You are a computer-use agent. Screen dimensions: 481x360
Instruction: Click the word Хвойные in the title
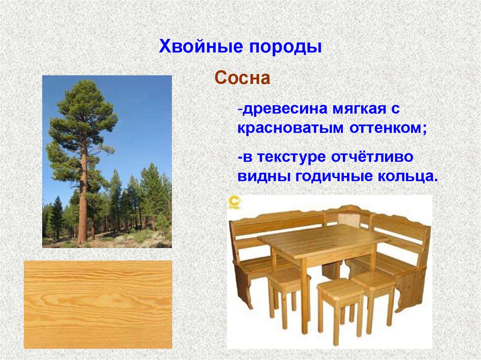point(201,47)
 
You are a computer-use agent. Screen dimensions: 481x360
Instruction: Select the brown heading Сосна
point(242,78)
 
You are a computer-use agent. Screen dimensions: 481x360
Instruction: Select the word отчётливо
point(372,157)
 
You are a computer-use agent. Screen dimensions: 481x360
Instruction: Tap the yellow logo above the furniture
point(235,202)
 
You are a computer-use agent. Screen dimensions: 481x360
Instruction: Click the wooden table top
point(323,241)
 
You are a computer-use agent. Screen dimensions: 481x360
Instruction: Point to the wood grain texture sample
point(98,305)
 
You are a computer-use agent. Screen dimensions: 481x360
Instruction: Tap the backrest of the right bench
point(399,234)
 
